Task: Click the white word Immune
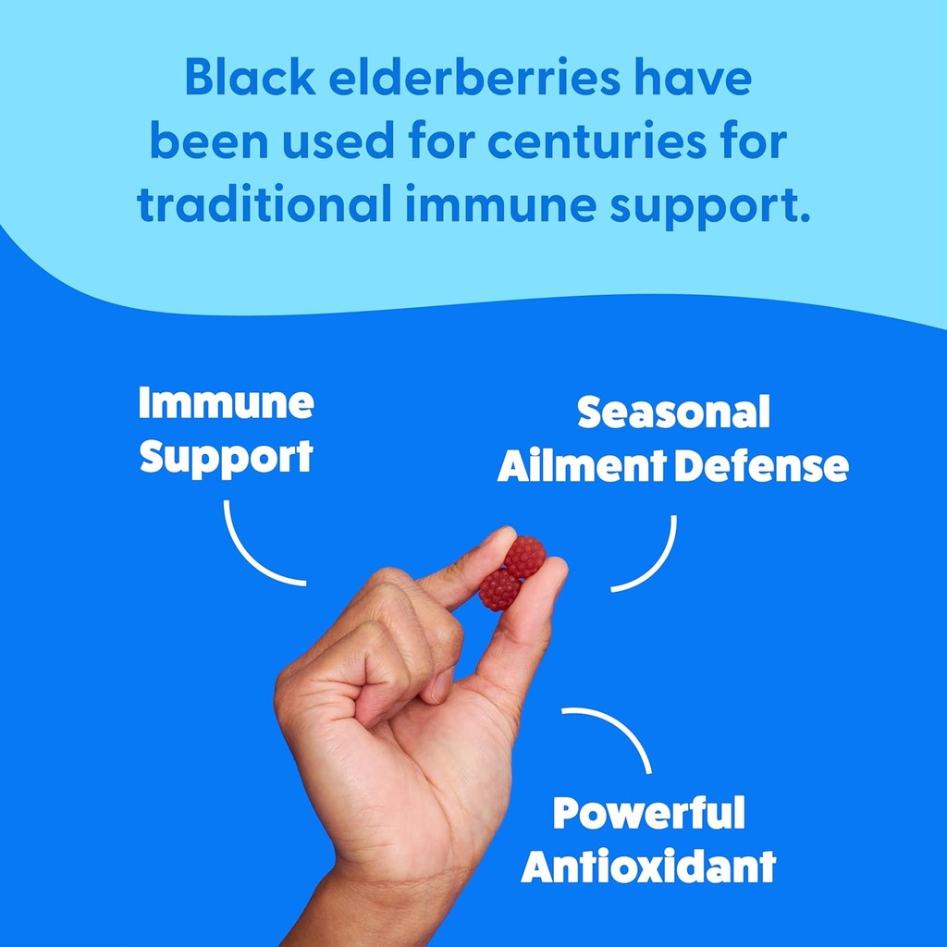(x=226, y=403)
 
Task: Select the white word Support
(x=226, y=458)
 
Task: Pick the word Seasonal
(x=673, y=412)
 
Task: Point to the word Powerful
(x=648, y=813)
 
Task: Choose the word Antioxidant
(x=648, y=867)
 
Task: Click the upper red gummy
(x=524, y=556)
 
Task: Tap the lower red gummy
(x=499, y=590)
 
